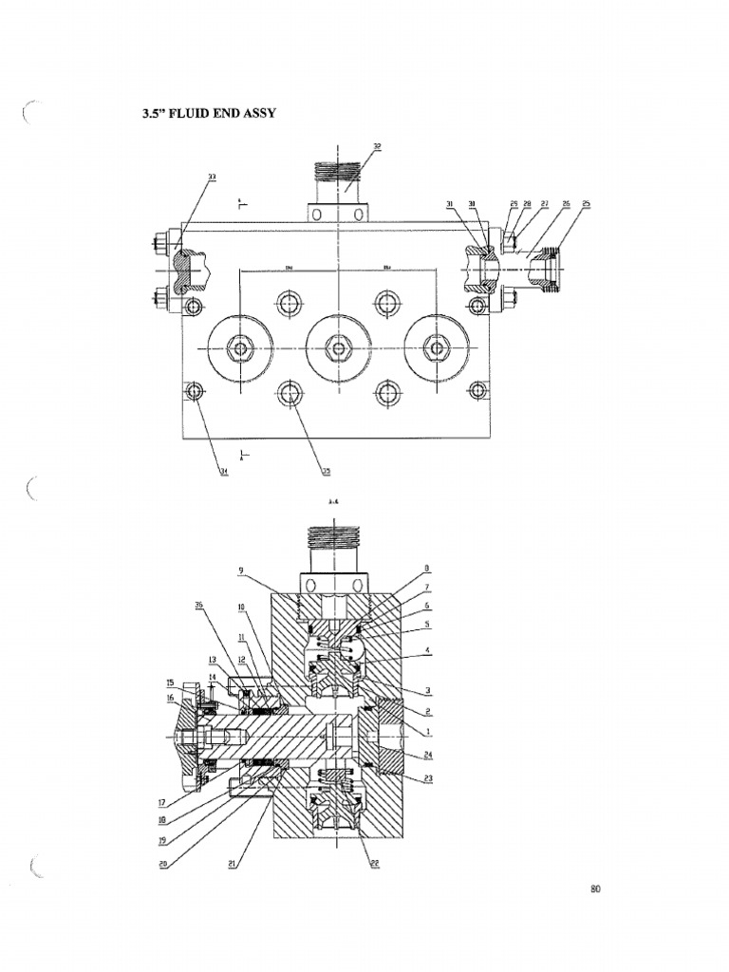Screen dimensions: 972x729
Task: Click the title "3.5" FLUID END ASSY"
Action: click(x=209, y=114)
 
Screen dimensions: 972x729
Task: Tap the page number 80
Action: click(x=595, y=889)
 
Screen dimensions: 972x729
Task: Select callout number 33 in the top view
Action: click(x=212, y=177)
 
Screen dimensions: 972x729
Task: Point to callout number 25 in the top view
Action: click(x=586, y=204)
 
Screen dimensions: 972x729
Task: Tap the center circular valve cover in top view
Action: click(x=338, y=347)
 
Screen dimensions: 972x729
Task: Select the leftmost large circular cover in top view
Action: click(x=241, y=347)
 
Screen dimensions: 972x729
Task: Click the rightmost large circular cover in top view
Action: click(x=436, y=347)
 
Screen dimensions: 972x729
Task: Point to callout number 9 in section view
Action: click(x=241, y=570)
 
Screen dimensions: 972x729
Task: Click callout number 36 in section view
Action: click(x=198, y=604)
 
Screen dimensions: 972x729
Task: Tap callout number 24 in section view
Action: click(x=429, y=756)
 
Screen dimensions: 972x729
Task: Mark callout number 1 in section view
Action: click(x=429, y=731)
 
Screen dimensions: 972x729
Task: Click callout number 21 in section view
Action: click(x=234, y=866)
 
